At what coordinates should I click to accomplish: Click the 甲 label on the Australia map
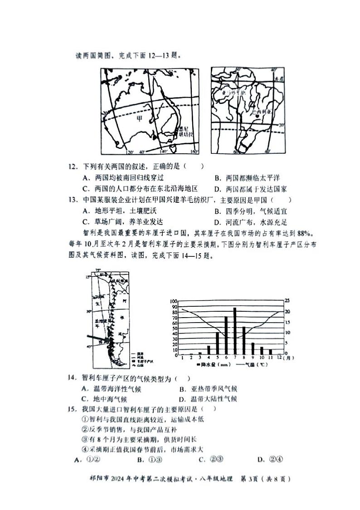coord(140,118)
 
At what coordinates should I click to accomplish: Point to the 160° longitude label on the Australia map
coord(194,152)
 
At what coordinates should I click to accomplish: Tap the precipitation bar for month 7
coord(235,331)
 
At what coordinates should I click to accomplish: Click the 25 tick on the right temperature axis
coord(287,301)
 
